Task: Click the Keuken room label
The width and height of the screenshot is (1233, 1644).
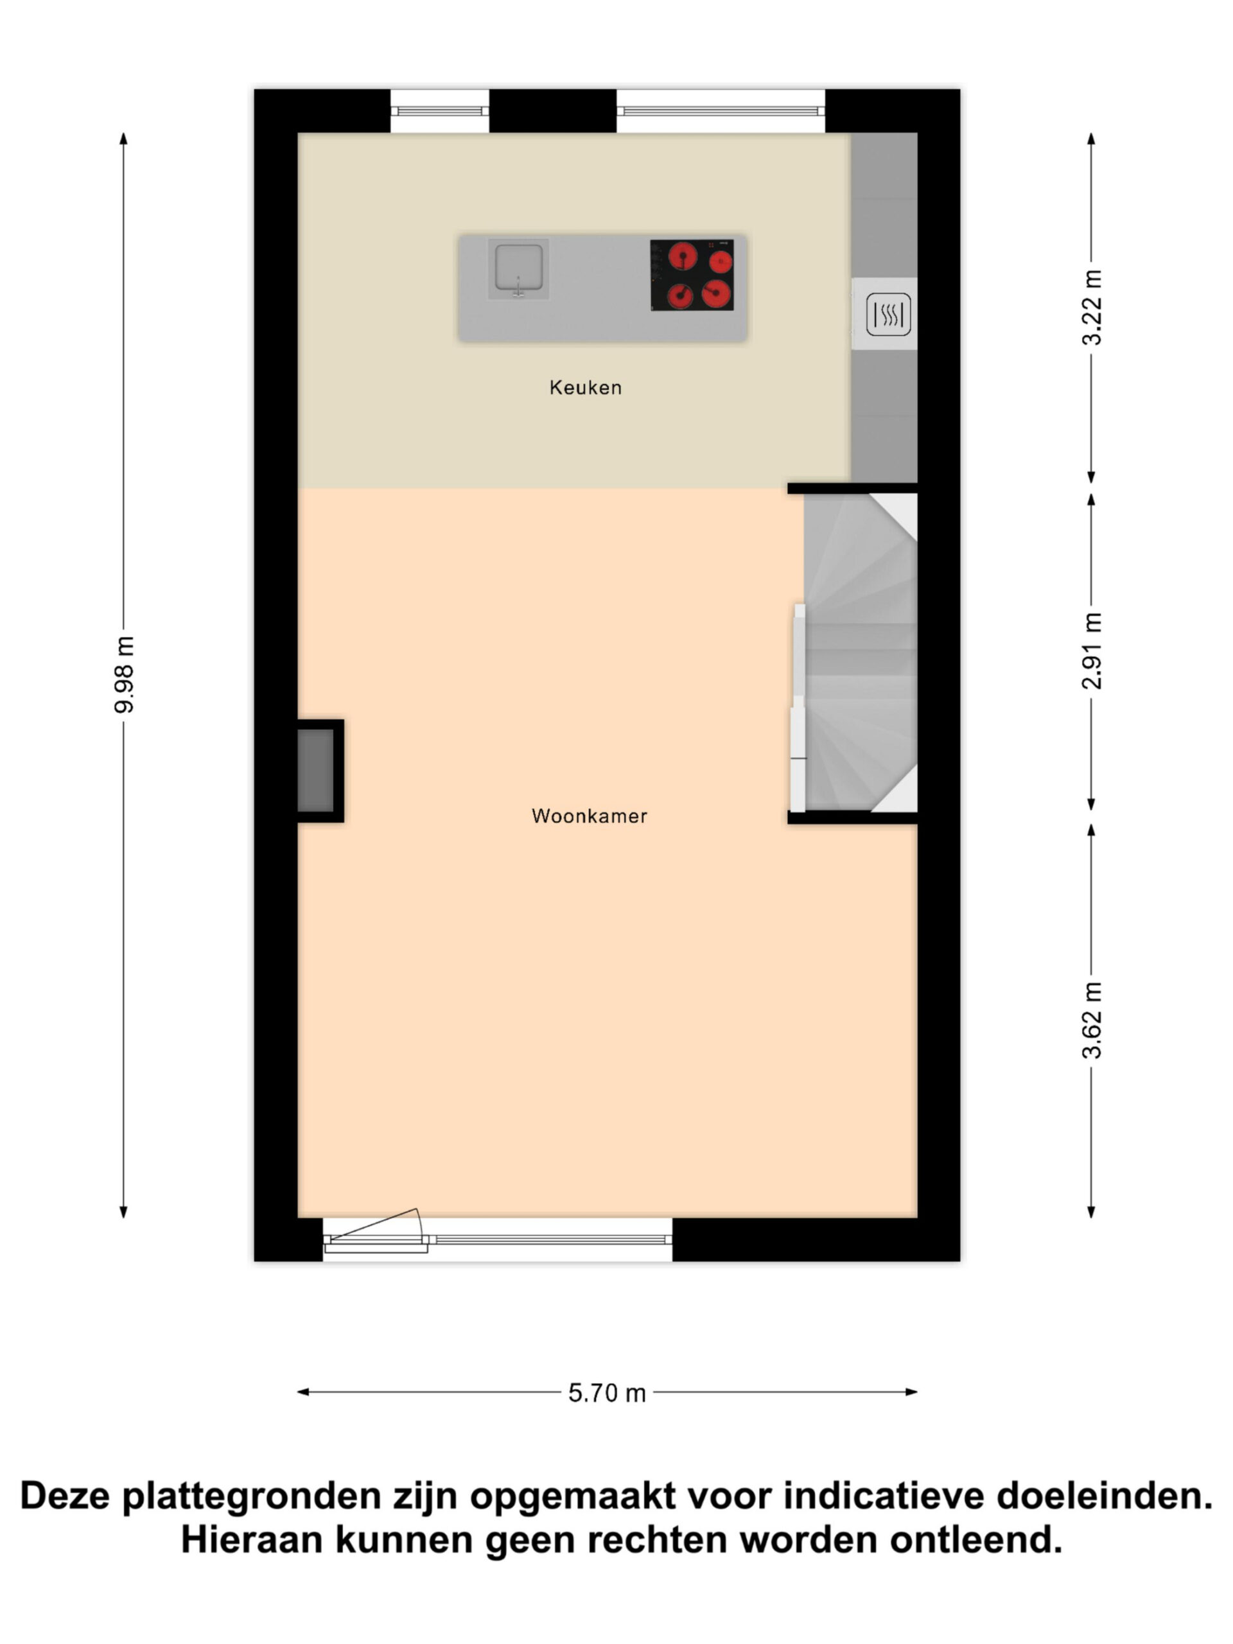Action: [x=585, y=387]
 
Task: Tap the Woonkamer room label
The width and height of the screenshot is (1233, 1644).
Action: [x=590, y=816]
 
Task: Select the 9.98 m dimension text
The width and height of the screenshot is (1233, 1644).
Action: [x=124, y=674]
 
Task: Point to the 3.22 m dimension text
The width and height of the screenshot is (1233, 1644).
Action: [x=1092, y=307]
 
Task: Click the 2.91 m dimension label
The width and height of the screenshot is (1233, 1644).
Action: [x=1092, y=651]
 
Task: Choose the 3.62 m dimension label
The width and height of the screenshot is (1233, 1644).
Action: [x=1092, y=1020]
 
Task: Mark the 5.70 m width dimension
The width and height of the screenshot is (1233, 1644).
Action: [x=606, y=1393]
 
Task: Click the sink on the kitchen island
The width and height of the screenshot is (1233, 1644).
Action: [x=518, y=268]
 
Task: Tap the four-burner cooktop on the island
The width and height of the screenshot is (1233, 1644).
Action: [x=692, y=275]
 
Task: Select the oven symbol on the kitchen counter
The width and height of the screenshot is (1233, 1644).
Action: [x=888, y=313]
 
